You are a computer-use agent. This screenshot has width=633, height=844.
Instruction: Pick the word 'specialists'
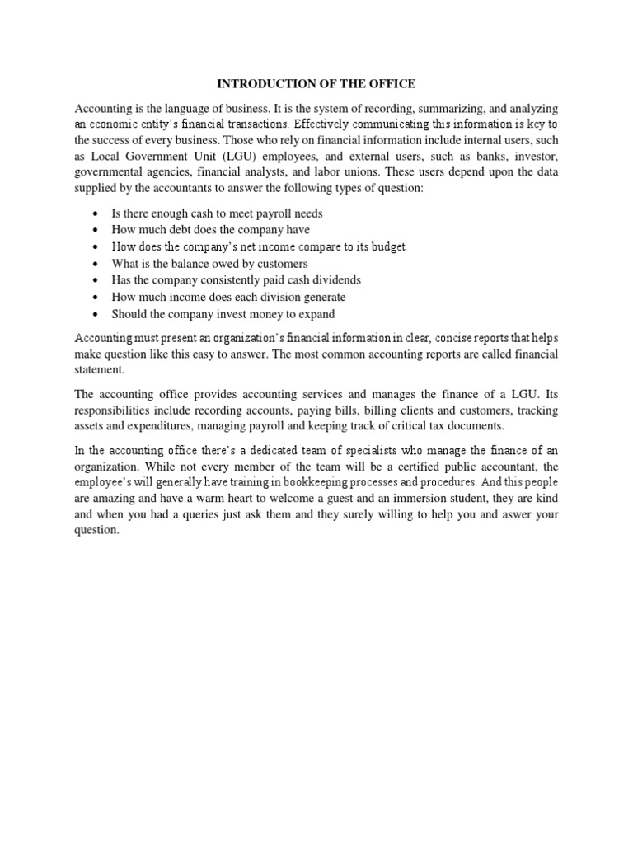pyautogui.click(x=349, y=450)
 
